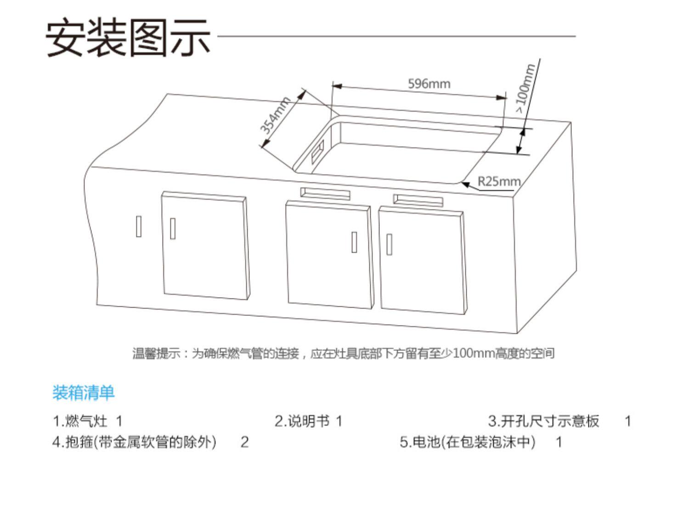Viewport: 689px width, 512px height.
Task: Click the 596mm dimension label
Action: point(429,84)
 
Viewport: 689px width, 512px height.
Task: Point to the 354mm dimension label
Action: point(275,116)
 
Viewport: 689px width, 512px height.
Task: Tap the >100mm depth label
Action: point(525,88)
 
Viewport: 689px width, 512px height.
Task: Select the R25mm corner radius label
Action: point(499,181)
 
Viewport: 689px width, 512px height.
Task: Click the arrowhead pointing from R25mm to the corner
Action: point(465,184)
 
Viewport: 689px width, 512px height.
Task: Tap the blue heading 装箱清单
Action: point(83,393)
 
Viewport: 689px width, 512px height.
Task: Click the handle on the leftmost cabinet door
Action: point(173,228)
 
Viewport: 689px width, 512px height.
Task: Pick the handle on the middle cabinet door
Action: point(354,242)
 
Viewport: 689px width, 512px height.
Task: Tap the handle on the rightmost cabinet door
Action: point(389,244)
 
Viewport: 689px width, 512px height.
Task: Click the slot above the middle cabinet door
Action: point(325,193)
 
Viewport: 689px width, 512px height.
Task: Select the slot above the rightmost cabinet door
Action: point(418,199)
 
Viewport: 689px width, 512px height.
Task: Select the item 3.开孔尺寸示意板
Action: point(544,421)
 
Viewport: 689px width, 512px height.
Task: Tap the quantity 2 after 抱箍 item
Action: point(244,442)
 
